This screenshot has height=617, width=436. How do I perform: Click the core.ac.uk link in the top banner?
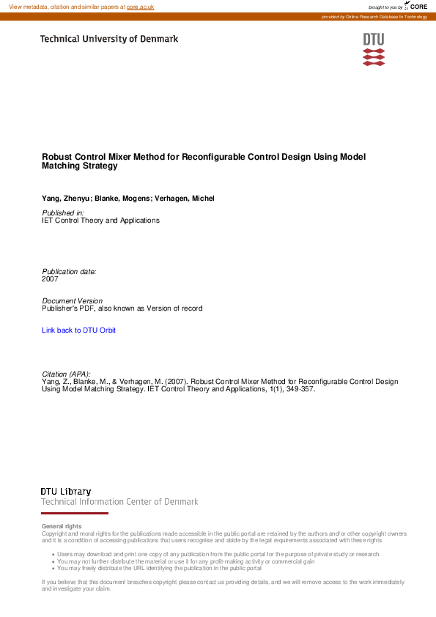[x=140, y=7]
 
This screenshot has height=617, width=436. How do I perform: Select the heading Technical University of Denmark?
[x=108, y=39]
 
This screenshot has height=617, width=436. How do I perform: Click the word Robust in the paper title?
[x=56, y=157]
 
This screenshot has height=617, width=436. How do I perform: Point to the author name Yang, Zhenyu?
[x=66, y=199]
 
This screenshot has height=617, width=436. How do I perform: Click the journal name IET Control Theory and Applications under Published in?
[x=100, y=220]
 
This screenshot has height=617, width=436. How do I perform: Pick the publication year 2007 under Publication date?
[x=50, y=279]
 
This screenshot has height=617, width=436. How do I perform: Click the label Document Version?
[x=73, y=301]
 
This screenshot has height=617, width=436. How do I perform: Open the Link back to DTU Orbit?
[x=78, y=330]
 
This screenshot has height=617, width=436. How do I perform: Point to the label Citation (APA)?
[x=67, y=374]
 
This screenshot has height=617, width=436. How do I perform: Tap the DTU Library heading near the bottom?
[x=66, y=491]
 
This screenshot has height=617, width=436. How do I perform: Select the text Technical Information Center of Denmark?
[x=119, y=502]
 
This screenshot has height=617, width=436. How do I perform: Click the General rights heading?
[x=62, y=526]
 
